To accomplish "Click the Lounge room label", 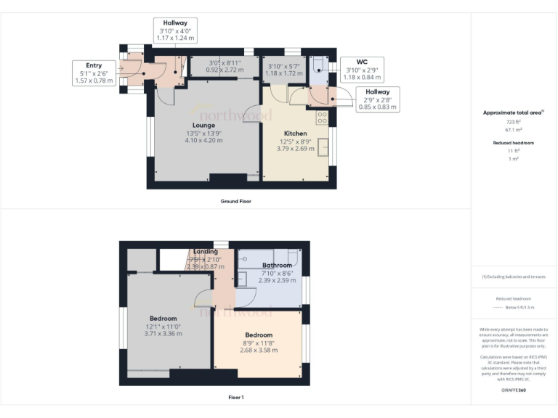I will point(203,125).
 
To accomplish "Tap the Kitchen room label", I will point(295,134).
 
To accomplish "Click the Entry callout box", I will point(94,73).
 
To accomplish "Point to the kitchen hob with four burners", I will point(321,116).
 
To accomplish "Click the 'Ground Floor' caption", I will point(235,200).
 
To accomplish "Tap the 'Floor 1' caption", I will point(235,397).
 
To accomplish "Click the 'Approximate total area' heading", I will point(512,112).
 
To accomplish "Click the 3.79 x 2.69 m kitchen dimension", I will point(295,149).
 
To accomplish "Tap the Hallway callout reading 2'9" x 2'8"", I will point(377,99).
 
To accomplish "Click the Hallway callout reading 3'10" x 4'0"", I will point(175,30).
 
